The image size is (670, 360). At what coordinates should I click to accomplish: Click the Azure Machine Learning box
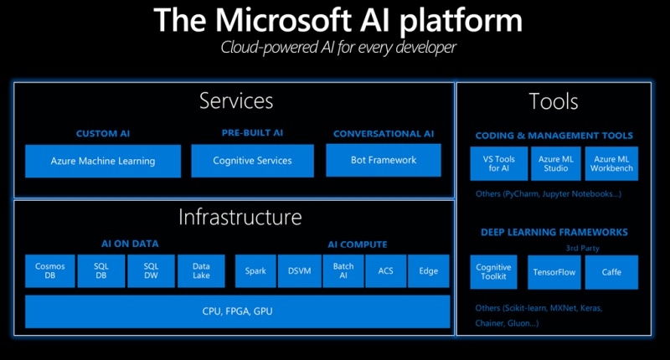pyautogui.click(x=102, y=161)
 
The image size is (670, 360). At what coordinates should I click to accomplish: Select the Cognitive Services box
pyautogui.click(x=252, y=161)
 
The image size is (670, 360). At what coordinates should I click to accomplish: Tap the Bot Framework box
pyautogui.click(x=383, y=160)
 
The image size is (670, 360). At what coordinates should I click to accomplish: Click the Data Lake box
pyautogui.click(x=200, y=271)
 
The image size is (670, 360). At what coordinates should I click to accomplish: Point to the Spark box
pyautogui.click(x=255, y=271)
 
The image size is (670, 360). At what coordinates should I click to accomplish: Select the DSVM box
pyautogui.click(x=299, y=271)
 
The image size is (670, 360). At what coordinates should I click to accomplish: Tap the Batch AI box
pyautogui.click(x=343, y=271)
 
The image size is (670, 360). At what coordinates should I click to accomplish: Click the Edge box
pyautogui.click(x=429, y=271)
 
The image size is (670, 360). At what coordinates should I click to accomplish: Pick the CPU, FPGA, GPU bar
pyautogui.click(x=237, y=311)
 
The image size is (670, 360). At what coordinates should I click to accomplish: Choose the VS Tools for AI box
pyautogui.click(x=499, y=163)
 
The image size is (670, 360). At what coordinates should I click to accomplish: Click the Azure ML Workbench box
pyautogui.click(x=611, y=163)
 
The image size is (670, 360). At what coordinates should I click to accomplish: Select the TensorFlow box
pyautogui.click(x=554, y=272)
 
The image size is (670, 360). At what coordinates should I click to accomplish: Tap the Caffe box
pyautogui.click(x=611, y=272)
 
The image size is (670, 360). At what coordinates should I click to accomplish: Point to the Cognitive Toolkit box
pyautogui.click(x=494, y=272)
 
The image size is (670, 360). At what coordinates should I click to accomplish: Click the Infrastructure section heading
pyautogui.click(x=240, y=218)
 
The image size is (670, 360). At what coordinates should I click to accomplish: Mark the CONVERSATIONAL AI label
pyautogui.click(x=383, y=133)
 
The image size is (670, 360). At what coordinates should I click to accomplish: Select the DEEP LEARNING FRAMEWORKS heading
pyautogui.click(x=554, y=232)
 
